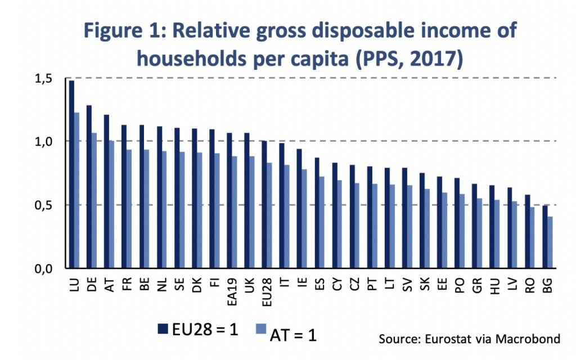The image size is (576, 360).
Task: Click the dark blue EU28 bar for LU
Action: [x=71, y=174]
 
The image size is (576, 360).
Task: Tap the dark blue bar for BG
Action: [x=545, y=237]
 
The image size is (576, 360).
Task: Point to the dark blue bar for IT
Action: [x=281, y=206]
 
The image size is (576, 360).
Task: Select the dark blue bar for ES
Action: [x=316, y=213]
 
